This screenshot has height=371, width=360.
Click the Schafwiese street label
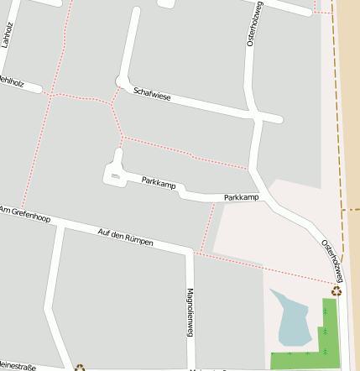152,97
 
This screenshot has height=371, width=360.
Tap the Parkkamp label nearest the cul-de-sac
159,181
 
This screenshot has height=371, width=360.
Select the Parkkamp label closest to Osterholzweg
242,198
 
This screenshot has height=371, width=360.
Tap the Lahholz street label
8,36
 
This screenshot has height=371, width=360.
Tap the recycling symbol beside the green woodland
337,291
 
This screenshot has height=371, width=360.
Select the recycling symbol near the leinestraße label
80,367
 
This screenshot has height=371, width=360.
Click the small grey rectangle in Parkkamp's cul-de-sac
115,175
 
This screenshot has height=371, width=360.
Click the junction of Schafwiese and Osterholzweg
256,118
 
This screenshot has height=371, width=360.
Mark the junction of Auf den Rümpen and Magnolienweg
190,249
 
